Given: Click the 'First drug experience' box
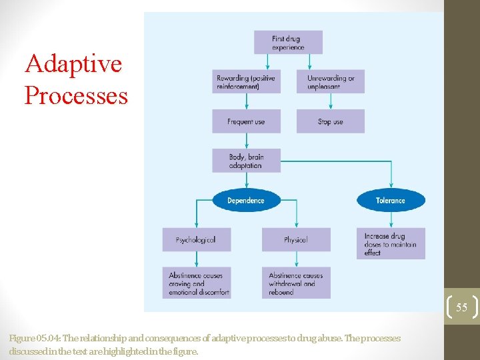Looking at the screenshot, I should (288, 42).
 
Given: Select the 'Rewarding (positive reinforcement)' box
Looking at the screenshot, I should (246, 81).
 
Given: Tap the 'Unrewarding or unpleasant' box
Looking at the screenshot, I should (331, 81).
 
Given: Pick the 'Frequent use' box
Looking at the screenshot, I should (246, 121).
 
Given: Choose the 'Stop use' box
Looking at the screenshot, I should (331, 121).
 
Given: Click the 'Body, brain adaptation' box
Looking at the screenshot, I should (246, 161).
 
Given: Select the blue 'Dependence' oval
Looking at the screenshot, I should (246, 200).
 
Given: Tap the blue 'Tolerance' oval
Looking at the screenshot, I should (390, 200).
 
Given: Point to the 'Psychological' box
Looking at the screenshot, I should (196, 239).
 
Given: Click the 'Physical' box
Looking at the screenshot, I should (295, 239).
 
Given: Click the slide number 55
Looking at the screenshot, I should (461, 307).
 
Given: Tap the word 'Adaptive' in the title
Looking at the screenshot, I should (73, 65).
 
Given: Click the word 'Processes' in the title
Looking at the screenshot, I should (75, 95).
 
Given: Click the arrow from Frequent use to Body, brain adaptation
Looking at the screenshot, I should (247, 141).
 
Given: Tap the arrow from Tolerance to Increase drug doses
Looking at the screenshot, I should (391, 219).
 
